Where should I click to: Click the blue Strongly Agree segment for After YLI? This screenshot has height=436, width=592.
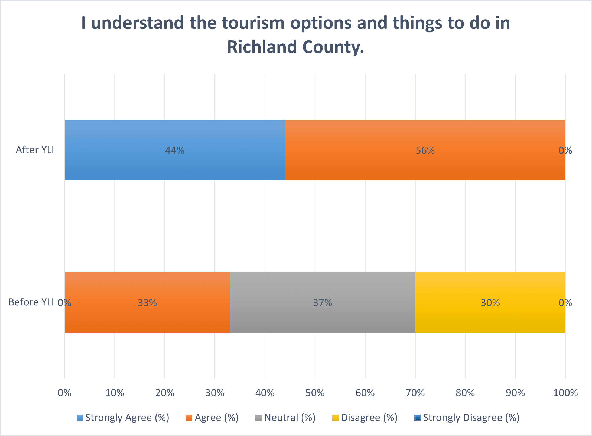pos(175,150)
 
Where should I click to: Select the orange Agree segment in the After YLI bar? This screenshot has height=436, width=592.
pos(425,150)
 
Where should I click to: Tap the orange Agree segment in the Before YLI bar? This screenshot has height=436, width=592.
pos(147,302)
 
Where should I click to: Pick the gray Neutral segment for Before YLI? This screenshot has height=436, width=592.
pos(323,302)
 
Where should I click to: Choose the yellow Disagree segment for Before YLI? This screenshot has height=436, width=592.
pos(490,302)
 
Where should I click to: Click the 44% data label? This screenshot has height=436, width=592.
pos(175,150)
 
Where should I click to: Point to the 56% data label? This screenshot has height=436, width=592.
pos(425,150)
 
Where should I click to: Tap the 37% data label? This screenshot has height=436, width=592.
pos(323,303)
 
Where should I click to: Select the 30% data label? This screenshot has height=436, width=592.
pos(490,303)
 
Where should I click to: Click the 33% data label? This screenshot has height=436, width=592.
pos(147,303)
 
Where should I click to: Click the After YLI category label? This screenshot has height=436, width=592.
pos(35,150)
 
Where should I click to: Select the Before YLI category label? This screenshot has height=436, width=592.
pos(31,302)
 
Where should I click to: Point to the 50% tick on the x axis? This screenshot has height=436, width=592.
pos(315,393)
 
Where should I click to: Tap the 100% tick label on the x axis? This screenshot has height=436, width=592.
pos(565,393)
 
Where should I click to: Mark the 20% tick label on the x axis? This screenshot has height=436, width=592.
pos(165,393)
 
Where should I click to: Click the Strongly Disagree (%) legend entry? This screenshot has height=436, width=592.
pos(467,418)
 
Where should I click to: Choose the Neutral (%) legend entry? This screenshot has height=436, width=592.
pos(285,418)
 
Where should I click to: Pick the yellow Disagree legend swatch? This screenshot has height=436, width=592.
pos(335,418)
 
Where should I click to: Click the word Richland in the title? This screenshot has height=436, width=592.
pos(262,47)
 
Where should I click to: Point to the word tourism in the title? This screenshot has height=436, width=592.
pos(253,23)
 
